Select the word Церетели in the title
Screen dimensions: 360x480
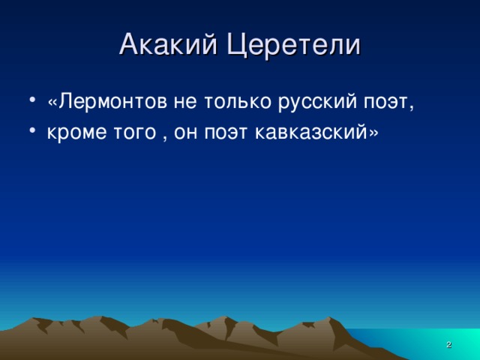click(x=293, y=44)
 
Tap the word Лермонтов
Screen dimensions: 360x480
click(x=118, y=102)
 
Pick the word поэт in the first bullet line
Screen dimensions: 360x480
click(x=382, y=102)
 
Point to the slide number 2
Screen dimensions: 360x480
click(x=448, y=344)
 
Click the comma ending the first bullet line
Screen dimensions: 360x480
click(x=411, y=108)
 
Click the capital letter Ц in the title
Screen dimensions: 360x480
click(x=236, y=45)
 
